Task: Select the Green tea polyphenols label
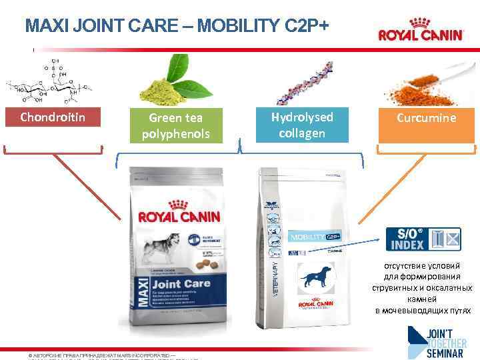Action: click(x=176, y=125)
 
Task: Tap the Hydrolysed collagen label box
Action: click(x=302, y=125)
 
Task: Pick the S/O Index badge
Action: click(x=423, y=239)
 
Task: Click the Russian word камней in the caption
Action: click(x=423, y=299)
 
